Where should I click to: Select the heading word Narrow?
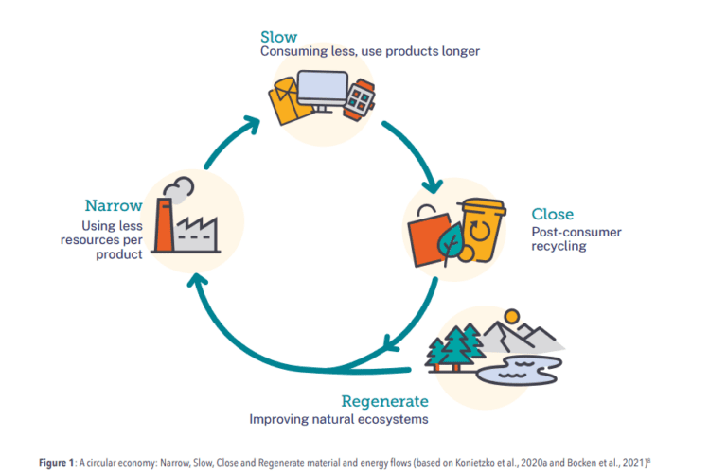tap(114, 205)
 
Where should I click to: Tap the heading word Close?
tap(552, 214)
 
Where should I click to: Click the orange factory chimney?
tap(164, 226)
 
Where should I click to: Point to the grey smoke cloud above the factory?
tap(180, 186)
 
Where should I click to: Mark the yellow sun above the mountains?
tap(511, 315)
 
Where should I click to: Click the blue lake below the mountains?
tap(515, 370)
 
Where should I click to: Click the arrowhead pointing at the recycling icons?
tap(434, 181)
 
